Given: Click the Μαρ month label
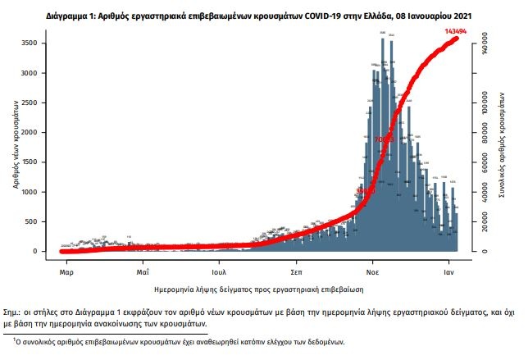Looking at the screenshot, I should (x=67, y=270).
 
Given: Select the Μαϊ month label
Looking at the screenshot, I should (x=142, y=270).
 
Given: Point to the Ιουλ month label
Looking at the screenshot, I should (x=218, y=270).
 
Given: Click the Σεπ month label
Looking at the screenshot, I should (x=297, y=270).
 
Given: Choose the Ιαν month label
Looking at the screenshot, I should (x=450, y=270).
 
